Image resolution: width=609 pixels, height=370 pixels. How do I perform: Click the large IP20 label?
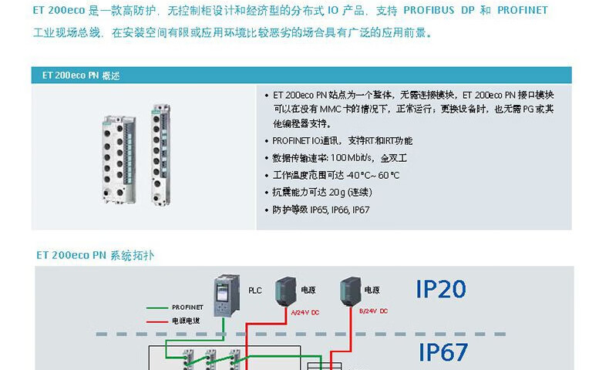441,289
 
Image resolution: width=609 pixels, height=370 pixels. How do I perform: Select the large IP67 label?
443,351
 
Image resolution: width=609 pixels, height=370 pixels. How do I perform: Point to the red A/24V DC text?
304,311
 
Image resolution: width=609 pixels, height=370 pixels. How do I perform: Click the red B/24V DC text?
374,311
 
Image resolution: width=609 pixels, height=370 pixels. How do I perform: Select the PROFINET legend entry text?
187,307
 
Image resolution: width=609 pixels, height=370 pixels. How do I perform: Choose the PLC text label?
255,291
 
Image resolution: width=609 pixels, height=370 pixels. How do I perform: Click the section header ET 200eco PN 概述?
81,76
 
